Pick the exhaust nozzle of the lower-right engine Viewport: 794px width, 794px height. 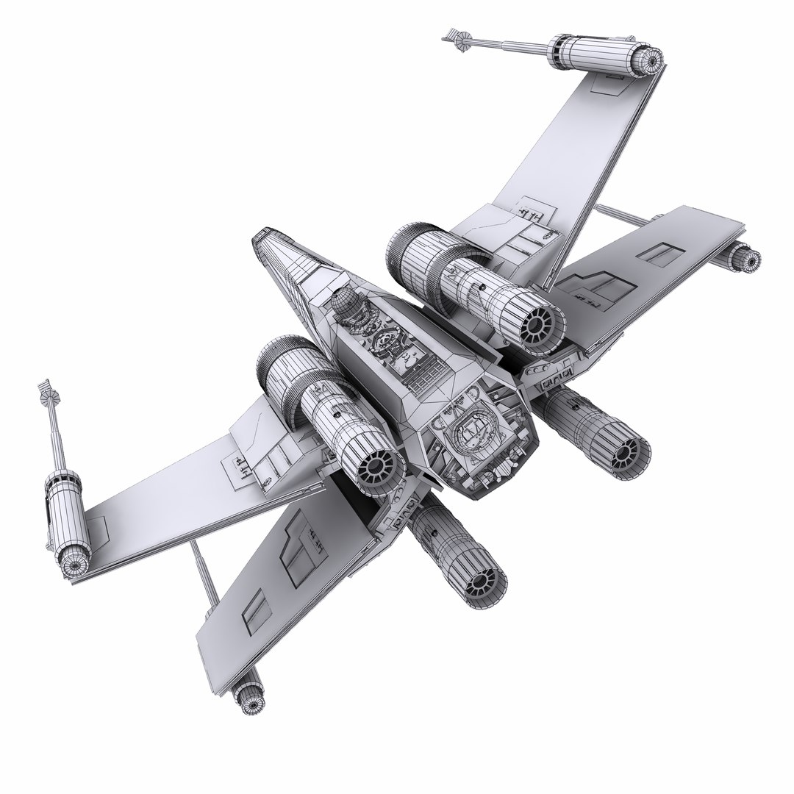coord(625,450)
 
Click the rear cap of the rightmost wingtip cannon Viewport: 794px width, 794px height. coord(750,259)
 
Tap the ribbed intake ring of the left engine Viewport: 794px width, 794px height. coord(275,368)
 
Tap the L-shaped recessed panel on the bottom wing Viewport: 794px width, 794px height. coord(294,548)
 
